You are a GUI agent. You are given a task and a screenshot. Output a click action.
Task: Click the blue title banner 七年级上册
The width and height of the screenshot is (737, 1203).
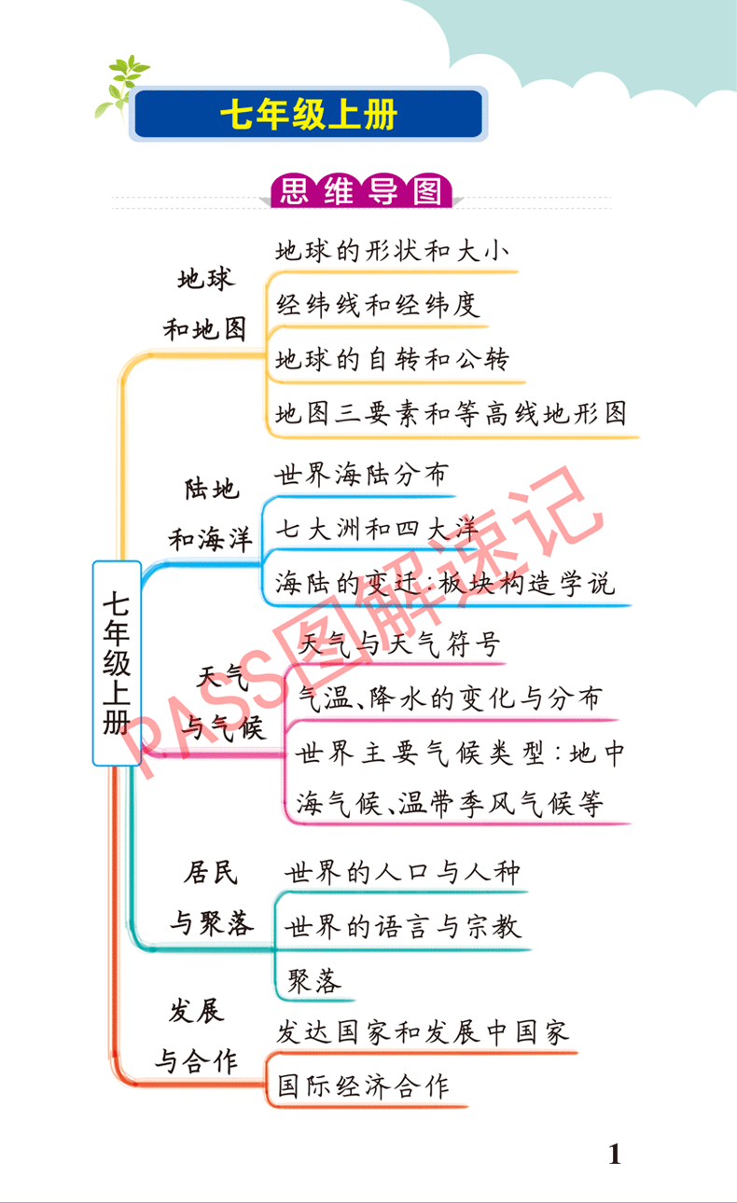[309, 115]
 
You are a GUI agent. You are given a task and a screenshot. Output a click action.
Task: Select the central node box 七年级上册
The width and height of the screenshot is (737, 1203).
[117, 663]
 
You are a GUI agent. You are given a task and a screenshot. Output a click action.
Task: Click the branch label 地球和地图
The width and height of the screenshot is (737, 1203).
[205, 303]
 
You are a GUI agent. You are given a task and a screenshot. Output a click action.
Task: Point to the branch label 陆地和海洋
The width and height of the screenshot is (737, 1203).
[210, 514]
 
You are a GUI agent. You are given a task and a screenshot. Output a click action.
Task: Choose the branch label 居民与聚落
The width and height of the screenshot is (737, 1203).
[211, 897]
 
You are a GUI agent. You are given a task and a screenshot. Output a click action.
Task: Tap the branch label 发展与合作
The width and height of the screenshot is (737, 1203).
[197, 1035]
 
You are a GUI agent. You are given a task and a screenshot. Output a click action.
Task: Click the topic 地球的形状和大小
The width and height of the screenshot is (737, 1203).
[392, 251]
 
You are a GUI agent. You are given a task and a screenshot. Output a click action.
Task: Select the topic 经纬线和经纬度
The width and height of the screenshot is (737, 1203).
[378, 305]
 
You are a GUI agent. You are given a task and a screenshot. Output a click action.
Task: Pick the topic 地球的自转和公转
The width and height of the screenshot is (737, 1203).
[393, 359]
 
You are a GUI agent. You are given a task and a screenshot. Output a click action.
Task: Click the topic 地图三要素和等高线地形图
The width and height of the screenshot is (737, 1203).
[452, 413]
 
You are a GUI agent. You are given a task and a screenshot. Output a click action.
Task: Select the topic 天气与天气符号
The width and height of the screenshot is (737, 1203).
[399, 643]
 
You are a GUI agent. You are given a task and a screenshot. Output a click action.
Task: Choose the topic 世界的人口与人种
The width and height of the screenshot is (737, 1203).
[402, 873]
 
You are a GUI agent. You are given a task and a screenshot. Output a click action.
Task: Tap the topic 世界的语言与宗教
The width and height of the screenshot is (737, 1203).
[402, 926]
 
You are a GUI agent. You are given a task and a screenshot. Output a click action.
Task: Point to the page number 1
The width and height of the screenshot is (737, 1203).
[614, 1155]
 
